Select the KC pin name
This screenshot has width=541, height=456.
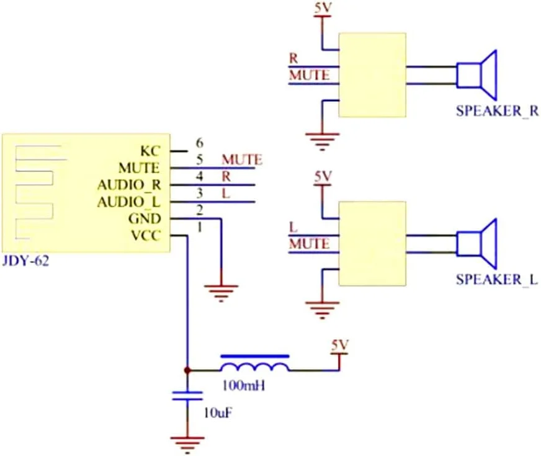(151, 150)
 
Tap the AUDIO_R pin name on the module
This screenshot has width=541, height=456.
(128, 185)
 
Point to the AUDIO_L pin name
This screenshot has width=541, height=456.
(128, 202)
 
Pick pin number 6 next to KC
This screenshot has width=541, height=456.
(200, 142)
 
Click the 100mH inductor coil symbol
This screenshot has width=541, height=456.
(254, 364)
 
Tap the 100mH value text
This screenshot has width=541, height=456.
(243, 386)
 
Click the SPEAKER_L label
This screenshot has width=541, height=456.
(496, 279)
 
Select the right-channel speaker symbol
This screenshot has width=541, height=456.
(478, 74)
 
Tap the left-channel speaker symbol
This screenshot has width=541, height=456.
(478, 243)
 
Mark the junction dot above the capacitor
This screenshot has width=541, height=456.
(187, 370)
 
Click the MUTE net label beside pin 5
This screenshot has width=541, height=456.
(241, 159)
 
